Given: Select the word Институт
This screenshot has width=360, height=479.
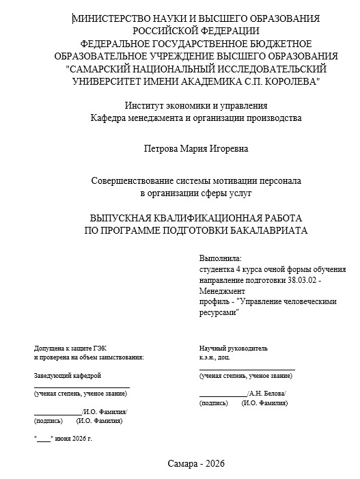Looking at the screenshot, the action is point(144,105).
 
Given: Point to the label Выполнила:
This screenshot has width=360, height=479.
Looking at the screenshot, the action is point(221,259).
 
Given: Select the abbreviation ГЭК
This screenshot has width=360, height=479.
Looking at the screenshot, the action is point(94,348).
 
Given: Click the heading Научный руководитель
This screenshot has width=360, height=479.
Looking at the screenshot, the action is point(234,348).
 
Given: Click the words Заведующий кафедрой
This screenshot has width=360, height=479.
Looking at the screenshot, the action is point(68,376).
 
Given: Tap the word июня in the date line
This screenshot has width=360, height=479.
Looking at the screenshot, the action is point(62,438).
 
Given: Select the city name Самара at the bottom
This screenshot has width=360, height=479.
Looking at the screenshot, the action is point(182,463).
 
